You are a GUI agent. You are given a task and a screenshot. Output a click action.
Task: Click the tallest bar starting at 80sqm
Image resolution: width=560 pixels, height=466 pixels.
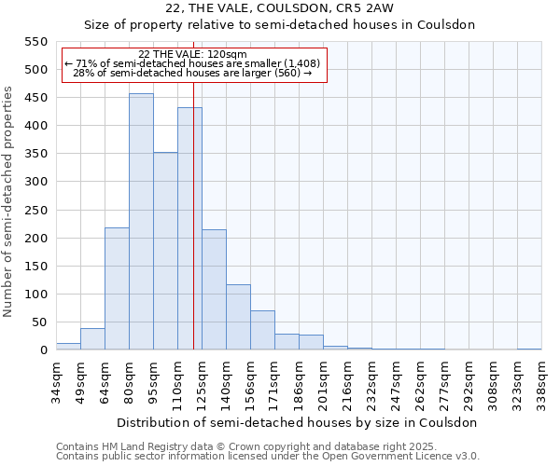click(x=141, y=222)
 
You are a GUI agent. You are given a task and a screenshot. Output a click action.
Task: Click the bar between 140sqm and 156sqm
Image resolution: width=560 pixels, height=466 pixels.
click(x=238, y=317)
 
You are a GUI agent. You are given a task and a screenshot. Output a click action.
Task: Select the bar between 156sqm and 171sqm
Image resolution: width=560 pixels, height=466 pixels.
click(x=262, y=330)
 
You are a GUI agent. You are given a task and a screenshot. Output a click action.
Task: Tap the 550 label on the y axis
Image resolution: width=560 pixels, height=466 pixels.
click(x=35, y=42)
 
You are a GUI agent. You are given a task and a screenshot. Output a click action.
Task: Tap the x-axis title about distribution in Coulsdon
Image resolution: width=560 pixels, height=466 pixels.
click(x=299, y=422)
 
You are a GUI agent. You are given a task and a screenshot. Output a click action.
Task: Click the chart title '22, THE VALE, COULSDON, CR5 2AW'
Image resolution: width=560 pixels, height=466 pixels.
click(x=280, y=8)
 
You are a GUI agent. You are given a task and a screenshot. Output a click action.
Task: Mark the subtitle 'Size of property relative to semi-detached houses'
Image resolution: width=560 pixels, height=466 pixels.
click(x=280, y=25)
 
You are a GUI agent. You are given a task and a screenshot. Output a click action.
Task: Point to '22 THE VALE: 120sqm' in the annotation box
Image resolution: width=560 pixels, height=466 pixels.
click(x=192, y=55)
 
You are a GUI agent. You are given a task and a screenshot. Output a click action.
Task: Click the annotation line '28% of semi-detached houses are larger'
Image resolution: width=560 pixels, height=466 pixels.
click(x=192, y=73)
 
